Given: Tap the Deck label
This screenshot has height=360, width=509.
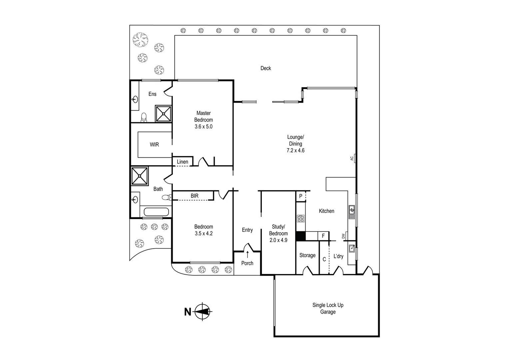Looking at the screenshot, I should point(265,68).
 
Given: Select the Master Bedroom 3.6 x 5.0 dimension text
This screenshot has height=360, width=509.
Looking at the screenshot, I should point(204,127).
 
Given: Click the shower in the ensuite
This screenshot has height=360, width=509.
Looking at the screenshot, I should point(164,114).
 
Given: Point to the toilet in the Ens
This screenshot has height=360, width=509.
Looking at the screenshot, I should point(144,117).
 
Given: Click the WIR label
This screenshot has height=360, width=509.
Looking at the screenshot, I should point(154,145).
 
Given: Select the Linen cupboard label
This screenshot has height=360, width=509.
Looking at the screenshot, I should point(183,162).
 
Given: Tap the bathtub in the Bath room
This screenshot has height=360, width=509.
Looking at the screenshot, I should point(156,212).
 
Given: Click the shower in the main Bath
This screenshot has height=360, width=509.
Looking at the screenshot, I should point(140,176).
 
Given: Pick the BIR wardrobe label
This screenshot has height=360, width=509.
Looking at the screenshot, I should point(195,196).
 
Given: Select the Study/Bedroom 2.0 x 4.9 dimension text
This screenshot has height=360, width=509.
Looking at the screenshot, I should point(278,240).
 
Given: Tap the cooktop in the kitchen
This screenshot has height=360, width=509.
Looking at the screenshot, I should point(300,219).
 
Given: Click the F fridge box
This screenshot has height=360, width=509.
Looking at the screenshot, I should point(323,236).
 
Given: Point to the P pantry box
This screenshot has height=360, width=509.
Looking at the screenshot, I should point(300,196).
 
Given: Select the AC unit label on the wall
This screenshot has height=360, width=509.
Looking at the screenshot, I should point(352,158).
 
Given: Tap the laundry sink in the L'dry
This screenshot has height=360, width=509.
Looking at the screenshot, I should point(351,248).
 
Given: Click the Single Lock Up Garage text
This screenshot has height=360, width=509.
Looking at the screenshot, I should point(328,308).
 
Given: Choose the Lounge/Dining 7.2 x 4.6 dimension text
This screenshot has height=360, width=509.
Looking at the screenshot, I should point(295,150).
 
